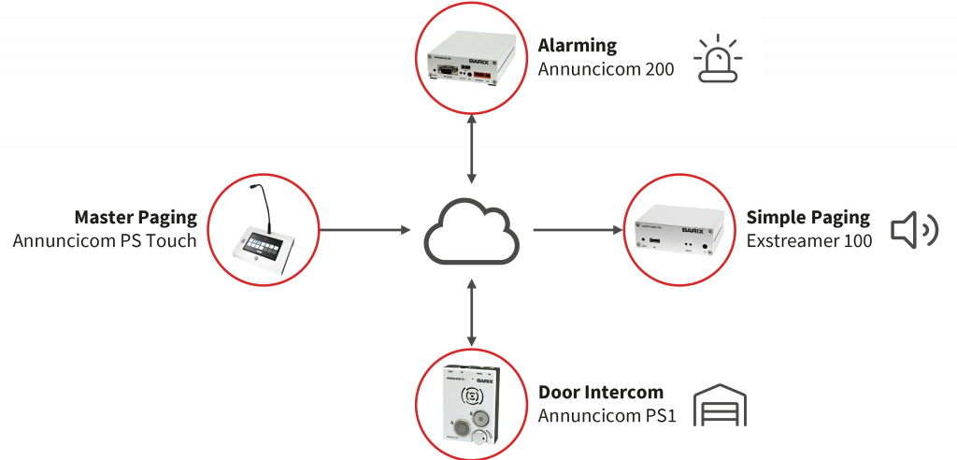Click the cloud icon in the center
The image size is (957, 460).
pos(472,231)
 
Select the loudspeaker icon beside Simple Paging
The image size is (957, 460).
pos(913,230)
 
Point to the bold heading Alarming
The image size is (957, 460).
pos(577,45)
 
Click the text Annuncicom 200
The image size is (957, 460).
pos(606,69)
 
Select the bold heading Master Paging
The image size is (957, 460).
pos(136,217)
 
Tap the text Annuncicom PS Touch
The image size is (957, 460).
pos(105,241)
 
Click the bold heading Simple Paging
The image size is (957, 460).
pos(807,217)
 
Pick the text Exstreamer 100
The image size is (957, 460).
pos(809,241)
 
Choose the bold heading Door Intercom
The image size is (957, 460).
pos(600,392)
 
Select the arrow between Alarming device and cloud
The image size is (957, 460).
pos(473,150)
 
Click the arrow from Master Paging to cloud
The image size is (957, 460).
pos(364,229)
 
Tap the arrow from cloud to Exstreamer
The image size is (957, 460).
pos(578,229)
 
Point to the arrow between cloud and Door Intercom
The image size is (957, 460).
pos(473,313)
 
